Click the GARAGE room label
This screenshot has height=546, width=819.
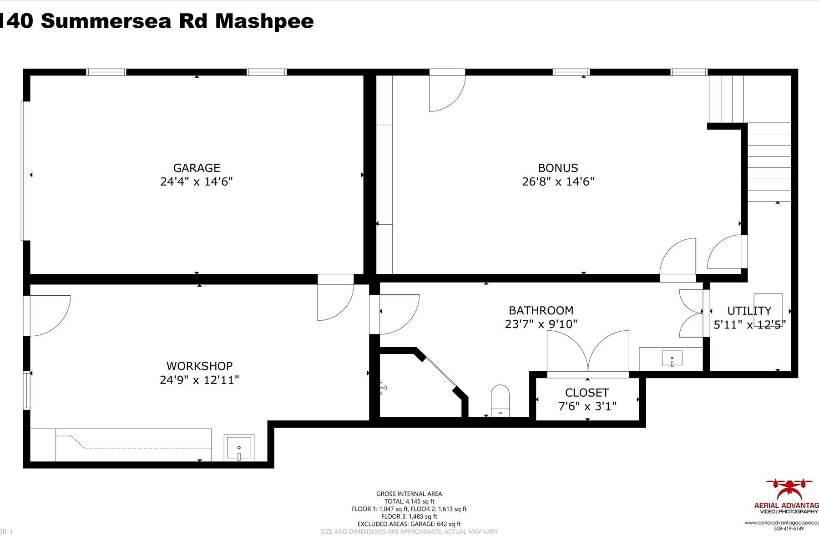coord(197,168)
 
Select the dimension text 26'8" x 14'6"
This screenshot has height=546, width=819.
coord(558,182)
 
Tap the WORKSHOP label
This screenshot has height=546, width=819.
coord(199,366)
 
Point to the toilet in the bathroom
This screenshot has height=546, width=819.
coord(500,400)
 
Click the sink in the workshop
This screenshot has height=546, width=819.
coord(239,448)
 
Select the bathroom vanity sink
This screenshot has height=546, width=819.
coord(672,359)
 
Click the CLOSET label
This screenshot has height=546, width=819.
coord(587,393)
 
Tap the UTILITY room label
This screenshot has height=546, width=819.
coord(749,311)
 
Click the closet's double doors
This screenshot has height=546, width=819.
coord(588,353)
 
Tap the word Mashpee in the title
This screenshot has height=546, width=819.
coord(264,21)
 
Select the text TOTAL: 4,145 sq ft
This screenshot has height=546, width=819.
coord(409,501)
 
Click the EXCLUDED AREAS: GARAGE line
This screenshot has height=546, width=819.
coord(409,524)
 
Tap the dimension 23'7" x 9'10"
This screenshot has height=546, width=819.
coord(541,324)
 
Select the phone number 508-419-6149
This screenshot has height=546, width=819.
coord(789,529)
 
